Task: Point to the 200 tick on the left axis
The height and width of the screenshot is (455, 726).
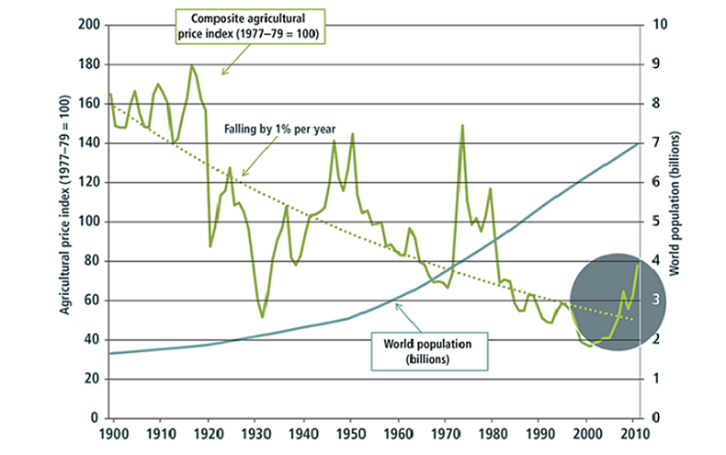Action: [x=89, y=25]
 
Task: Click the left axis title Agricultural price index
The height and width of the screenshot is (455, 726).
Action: [x=66, y=221]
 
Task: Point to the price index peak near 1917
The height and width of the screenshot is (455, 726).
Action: [x=192, y=66]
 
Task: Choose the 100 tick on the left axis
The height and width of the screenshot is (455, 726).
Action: [x=89, y=222]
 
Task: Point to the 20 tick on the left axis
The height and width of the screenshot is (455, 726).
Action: [x=93, y=379]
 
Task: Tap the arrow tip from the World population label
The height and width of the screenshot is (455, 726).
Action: [x=394, y=300]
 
